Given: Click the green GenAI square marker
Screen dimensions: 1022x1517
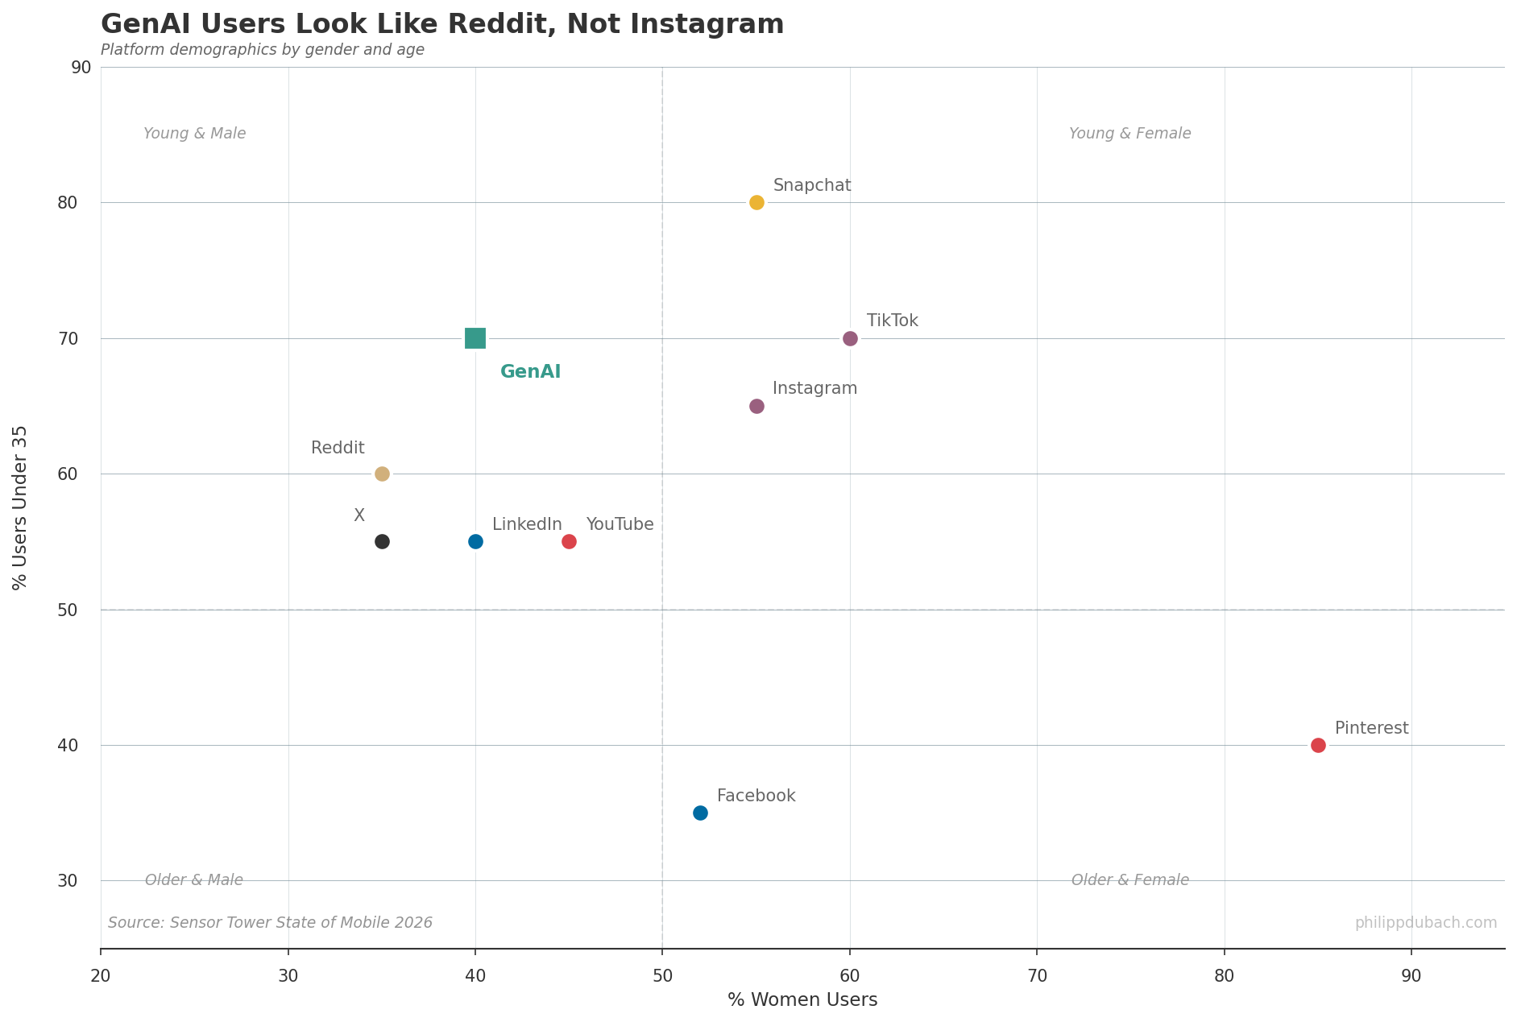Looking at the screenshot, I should [x=475, y=338].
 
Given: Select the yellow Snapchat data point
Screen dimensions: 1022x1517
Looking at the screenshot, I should [x=756, y=202].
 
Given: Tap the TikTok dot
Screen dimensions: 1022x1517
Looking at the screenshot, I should [x=850, y=338].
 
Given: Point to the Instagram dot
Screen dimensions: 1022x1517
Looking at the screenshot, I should [x=756, y=406].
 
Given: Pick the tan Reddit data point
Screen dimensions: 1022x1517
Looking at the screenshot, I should [x=382, y=474].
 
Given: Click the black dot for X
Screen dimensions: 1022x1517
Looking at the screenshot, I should [x=382, y=541].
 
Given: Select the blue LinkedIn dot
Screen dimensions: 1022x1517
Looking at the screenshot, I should [x=475, y=541].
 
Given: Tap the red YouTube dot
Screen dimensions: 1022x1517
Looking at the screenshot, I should [x=569, y=541].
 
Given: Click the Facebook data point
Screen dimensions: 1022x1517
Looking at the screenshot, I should [x=700, y=813].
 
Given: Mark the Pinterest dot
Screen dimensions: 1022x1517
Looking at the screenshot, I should [x=1318, y=745].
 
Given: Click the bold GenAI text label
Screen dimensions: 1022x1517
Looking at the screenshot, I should [x=530, y=372].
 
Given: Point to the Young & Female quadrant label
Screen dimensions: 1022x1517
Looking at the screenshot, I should [x=1129, y=134].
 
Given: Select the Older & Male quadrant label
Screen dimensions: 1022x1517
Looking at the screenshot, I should [x=194, y=880].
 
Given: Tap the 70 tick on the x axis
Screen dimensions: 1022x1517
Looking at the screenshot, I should [x=1037, y=976].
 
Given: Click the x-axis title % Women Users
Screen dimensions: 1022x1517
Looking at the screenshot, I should [x=802, y=1000].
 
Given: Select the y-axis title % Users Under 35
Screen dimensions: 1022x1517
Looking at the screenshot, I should [x=21, y=507].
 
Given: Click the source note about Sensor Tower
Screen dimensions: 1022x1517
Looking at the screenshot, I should [x=270, y=923].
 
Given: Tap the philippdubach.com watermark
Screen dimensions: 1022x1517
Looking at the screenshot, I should [x=1425, y=923].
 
